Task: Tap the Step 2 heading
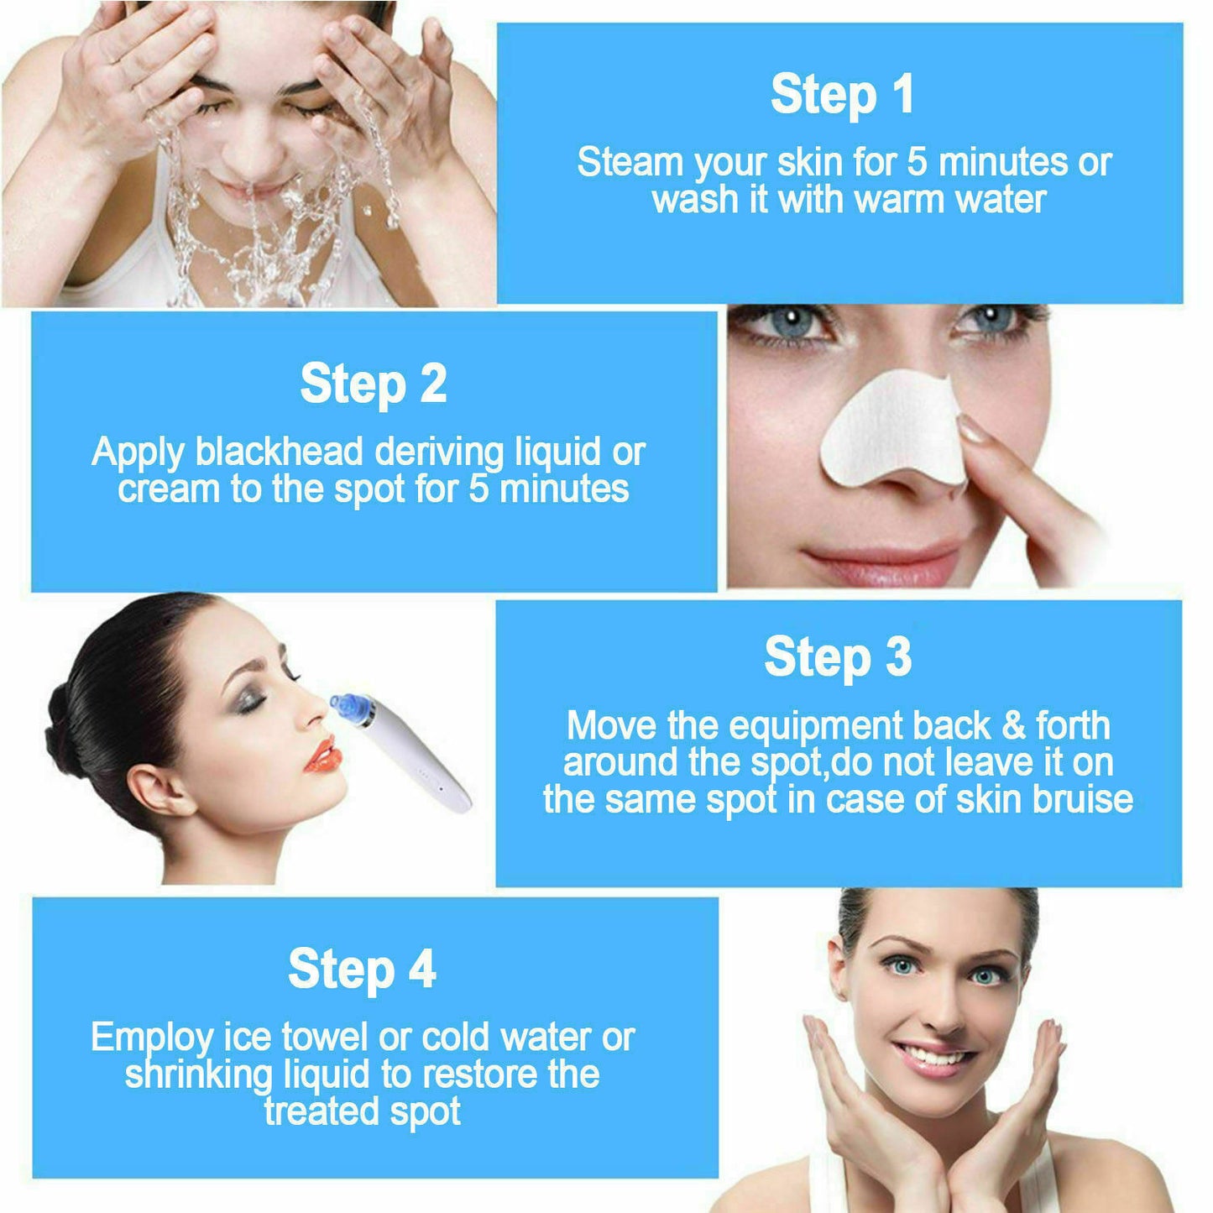click(x=374, y=384)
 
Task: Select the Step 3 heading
click(x=838, y=656)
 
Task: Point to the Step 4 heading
click(x=362, y=969)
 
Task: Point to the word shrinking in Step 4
click(x=199, y=1074)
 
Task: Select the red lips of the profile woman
click(x=323, y=755)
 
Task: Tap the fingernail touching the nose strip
click(x=974, y=430)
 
